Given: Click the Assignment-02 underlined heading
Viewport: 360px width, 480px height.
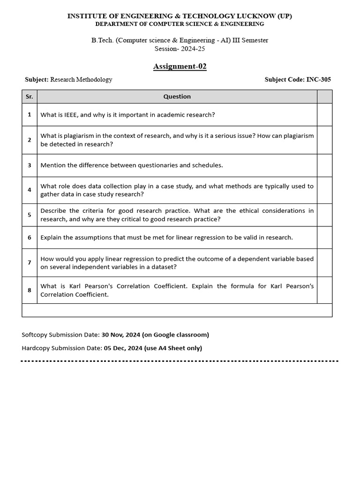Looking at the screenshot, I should coord(180,66).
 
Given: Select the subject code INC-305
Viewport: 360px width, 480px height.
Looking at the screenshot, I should coord(318,80).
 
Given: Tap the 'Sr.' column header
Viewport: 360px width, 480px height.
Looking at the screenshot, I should coord(29,97).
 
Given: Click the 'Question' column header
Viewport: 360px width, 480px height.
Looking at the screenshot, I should coord(177,97).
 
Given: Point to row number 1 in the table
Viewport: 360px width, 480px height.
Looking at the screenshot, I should coord(29,114).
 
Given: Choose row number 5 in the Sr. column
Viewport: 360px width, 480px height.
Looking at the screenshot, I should coord(29,215).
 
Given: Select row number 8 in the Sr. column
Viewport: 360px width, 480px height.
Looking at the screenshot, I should coord(29,290).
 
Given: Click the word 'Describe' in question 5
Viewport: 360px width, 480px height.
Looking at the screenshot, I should coord(53,210).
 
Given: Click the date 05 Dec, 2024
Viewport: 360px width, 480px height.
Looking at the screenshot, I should coord(123,348).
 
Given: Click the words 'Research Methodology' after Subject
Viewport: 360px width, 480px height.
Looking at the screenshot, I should coord(81,80).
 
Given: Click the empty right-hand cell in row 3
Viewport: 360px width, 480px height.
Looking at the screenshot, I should coord(324,165).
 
